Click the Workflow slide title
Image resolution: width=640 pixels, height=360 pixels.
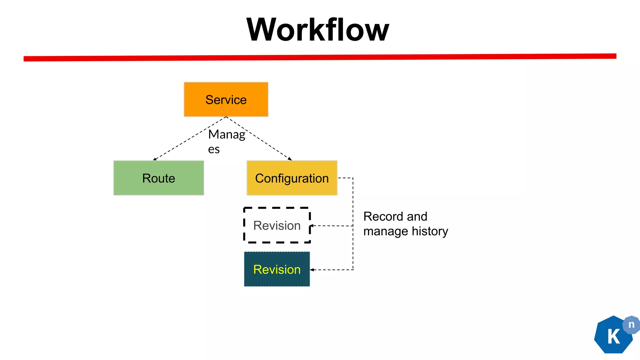pyautogui.click(x=317, y=30)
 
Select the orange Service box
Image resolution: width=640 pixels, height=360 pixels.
pyautogui.click(x=226, y=99)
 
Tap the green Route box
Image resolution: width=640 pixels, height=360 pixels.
pyautogui.click(x=158, y=178)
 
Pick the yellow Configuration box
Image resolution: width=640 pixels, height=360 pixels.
pyautogui.click(x=292, y=178)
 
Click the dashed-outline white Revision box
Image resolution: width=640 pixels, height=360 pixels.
pyautogui.click(x=277, y=225)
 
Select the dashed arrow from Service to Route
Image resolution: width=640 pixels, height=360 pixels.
pyautogui.click(x=187, y=139)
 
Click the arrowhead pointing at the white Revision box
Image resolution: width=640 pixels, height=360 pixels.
pyautogui.click(x=312, y=226)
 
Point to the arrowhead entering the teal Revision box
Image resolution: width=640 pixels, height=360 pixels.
pyautogui.click(x=312, y=270)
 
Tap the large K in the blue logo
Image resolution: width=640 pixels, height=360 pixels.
pyautogui.click(x=613, y=337)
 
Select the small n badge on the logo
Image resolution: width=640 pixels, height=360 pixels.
pyautogui.click(x=631, y=325)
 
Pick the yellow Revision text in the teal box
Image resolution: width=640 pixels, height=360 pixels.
pyautogui.click(x=277, y=269)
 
